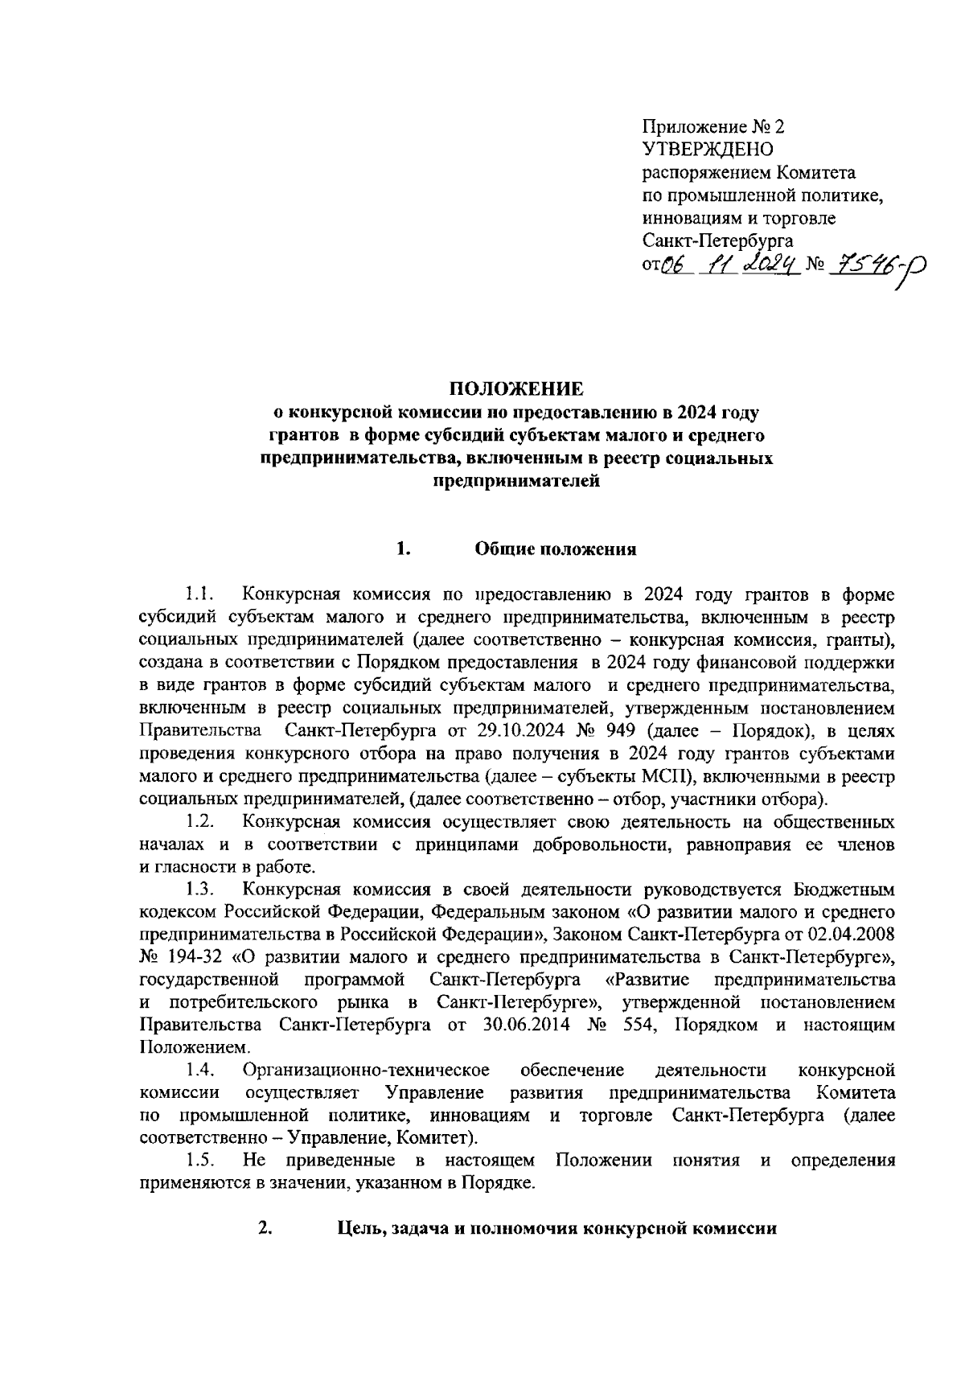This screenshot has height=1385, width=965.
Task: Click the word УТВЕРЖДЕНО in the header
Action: click(708, 149)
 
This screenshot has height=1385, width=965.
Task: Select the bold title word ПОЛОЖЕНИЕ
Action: click(515, 390)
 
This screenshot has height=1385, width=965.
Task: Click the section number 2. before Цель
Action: click(264, 1228)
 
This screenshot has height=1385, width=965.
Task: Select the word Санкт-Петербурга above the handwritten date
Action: click(717, 240)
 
